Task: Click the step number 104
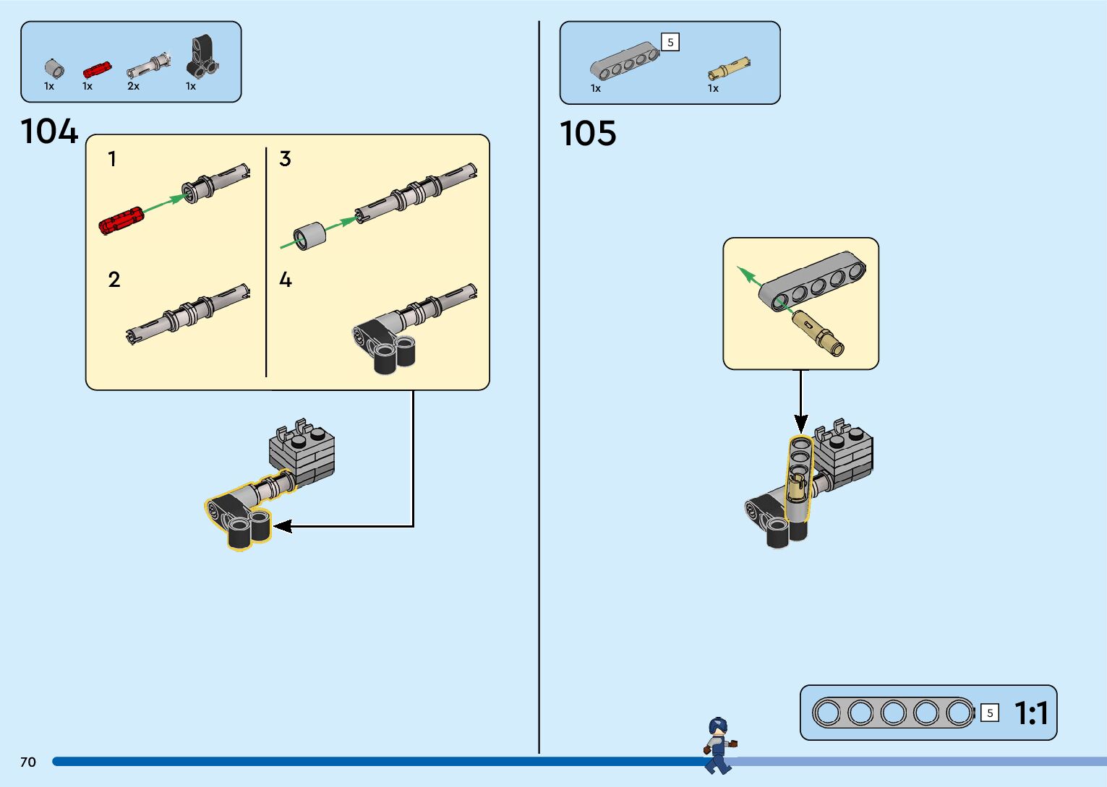tap(49, 132)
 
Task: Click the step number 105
tap(588, 134)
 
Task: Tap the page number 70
tap(28, 762)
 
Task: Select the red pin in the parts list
tap(96, 69)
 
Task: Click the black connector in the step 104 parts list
tap(202, 57)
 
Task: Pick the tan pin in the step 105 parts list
tap(728, 69)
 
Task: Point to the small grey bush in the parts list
tap(54, 69)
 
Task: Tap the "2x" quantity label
tap(133, 86)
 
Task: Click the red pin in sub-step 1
tap(121, 220)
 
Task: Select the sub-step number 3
tap(285, 159)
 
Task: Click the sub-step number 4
tap(286, 280)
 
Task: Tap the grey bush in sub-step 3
tap(310, 236)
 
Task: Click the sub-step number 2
tap(114, 280)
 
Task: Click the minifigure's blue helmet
tap(717, 726)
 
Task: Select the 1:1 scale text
tap(1031, 713)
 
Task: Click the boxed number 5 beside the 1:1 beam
tap(990, 713)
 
